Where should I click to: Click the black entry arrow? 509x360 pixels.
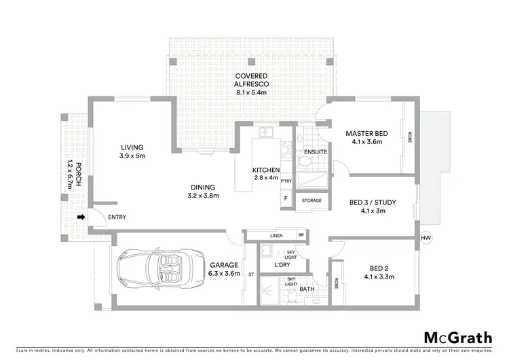[81, 217]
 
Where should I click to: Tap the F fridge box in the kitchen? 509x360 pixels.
[286, 199]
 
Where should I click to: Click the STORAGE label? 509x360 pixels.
[312, 201]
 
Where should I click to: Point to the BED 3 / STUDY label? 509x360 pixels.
[373, 202]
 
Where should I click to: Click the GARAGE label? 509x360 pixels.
[223, 264]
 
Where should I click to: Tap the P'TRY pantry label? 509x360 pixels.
[286, 181]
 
